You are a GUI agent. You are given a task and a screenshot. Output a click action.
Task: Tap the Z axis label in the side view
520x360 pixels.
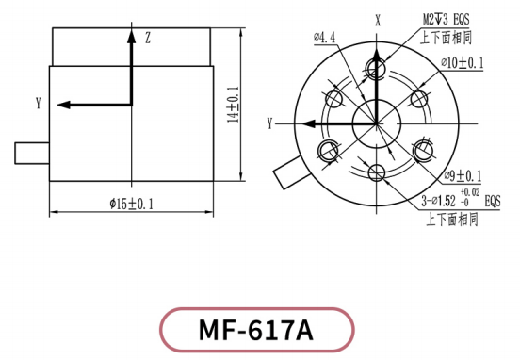pyautogui.click(x=148, y=38)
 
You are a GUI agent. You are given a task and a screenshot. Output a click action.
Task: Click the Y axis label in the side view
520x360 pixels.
pyautogui.click(x=38, y=102)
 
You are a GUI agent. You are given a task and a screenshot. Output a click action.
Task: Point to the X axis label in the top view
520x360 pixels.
pyautogui.click(x=377, y=18)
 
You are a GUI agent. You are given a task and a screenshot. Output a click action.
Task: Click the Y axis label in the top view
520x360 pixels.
pyautogui.click(x=269, y=123)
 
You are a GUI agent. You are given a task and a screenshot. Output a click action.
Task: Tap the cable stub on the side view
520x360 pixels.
pyautogui.click(x=30, y=151)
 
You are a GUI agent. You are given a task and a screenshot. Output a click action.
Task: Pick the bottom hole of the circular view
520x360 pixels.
pyautogui.click(x=377, y=172)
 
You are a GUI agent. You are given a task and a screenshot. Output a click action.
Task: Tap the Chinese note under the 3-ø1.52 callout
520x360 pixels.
pyautogui.click(x=451, y=219)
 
